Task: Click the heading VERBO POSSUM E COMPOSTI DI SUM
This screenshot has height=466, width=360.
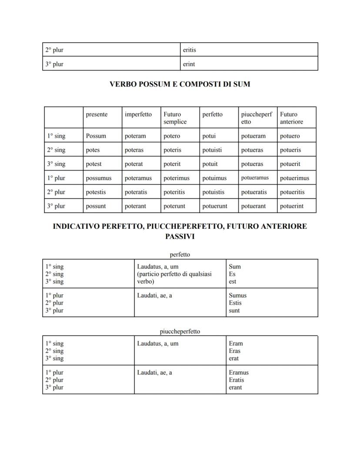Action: point(180,84)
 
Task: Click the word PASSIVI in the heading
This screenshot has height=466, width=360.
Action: point(180,237)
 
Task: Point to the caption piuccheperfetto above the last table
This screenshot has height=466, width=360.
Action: point(180,332)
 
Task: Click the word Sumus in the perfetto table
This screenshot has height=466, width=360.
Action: point(237,295)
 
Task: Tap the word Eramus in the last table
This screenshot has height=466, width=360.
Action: point(239,372)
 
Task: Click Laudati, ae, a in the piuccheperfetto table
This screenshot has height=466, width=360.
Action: point(154,372)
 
